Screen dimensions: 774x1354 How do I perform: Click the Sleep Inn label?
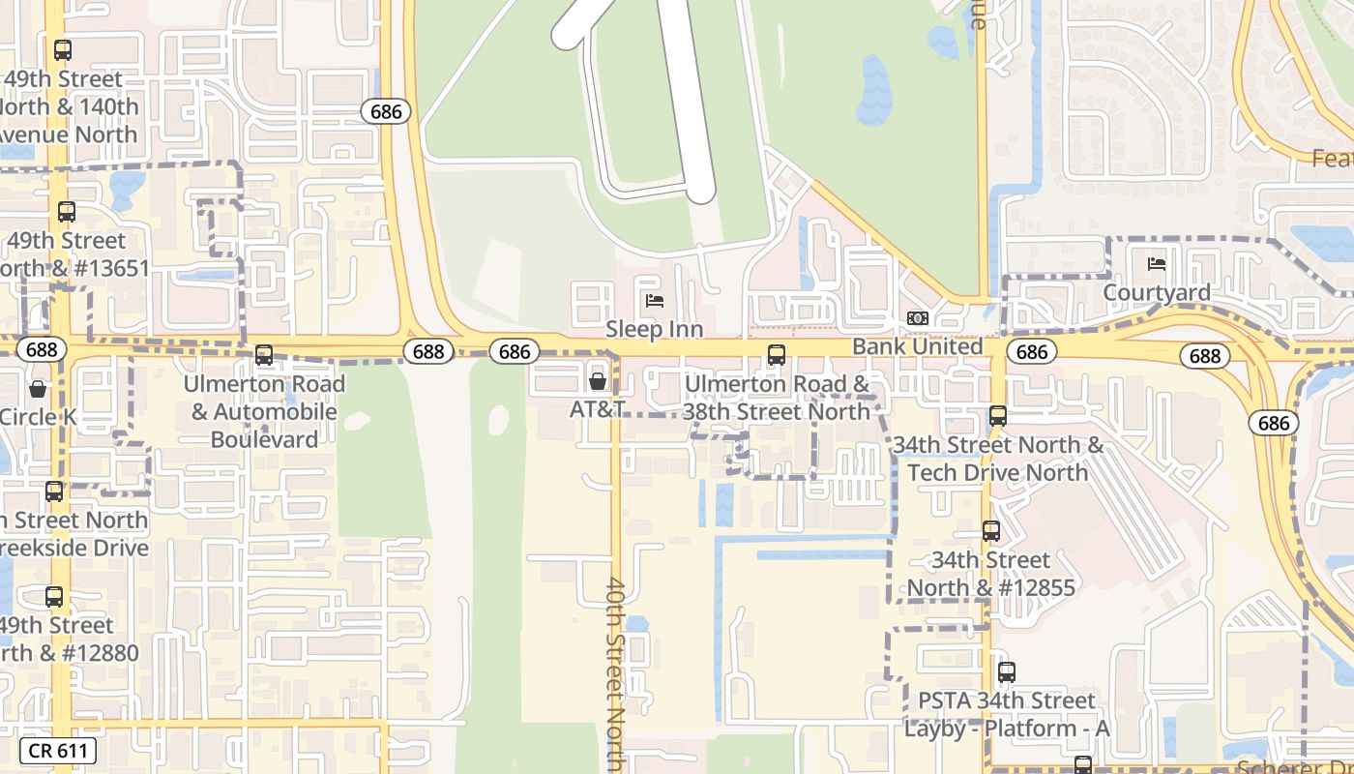654,329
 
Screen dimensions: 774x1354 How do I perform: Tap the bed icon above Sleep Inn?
655,301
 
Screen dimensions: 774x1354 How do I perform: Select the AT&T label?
597,409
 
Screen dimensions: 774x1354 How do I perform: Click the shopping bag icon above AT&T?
598,381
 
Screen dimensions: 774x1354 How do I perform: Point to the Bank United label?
917,346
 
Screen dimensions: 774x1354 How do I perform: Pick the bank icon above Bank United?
917,318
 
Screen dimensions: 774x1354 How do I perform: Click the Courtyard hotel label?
1157,292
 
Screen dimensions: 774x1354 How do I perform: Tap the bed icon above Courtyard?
1157,264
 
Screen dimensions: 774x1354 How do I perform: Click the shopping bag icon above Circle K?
38,389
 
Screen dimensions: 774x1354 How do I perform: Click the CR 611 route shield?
58,750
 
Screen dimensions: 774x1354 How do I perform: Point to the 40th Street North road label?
616,672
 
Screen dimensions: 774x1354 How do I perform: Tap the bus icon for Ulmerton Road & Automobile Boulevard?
264,355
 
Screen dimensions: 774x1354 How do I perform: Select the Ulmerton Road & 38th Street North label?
777,398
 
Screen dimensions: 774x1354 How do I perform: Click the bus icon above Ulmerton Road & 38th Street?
776,355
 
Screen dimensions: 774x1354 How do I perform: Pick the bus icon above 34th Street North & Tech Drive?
998,416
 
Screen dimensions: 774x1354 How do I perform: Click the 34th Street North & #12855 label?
990,574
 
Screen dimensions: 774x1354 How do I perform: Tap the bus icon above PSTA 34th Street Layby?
1007,671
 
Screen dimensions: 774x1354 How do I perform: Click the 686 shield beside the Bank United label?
1032,351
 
